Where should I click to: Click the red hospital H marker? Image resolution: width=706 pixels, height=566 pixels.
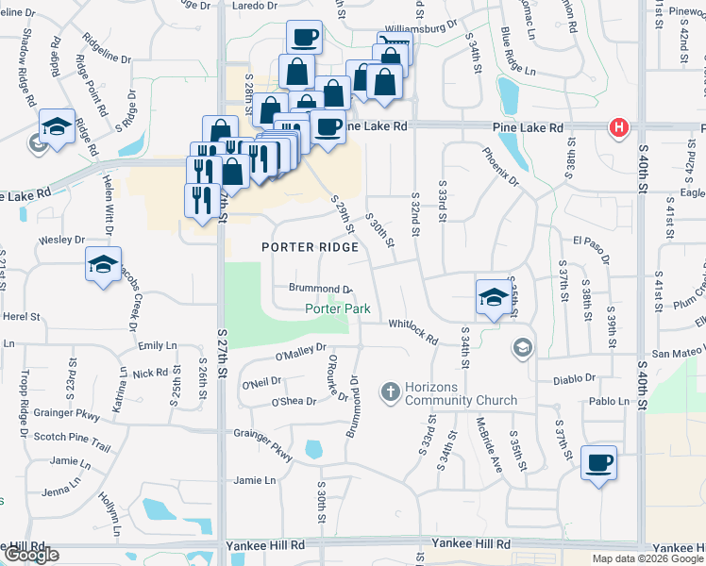[x=618, y=127]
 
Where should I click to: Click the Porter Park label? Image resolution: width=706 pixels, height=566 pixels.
[x=336, y=309]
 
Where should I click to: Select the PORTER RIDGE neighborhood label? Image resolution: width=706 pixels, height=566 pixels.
[x=310, y=247]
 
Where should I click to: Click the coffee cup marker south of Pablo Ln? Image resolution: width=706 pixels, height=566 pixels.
[x=598, y=463]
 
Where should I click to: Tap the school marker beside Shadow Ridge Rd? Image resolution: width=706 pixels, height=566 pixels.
[x=57, y=127]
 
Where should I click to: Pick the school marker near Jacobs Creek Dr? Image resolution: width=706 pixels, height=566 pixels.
[x=103, y=265]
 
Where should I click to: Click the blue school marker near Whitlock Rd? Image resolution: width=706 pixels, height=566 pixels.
[x=493, y=297]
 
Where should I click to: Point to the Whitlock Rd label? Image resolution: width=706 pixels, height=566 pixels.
[x=413, y=331]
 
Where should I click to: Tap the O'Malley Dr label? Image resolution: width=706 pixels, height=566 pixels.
[x=300, y=353]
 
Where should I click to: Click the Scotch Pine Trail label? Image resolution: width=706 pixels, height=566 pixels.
[x=73, y=436]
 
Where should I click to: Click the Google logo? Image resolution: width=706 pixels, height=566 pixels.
[x=31, y=555]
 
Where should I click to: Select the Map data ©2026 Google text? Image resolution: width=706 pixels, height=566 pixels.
[x=647, y=558]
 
